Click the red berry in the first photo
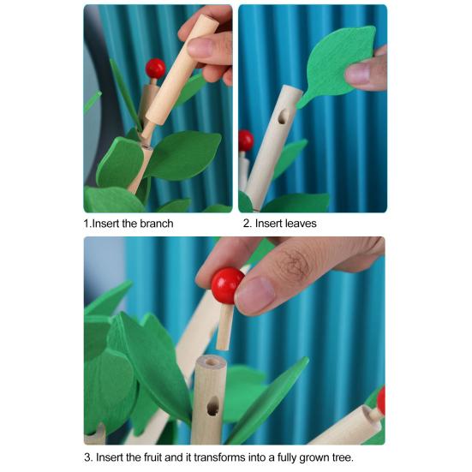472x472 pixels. click(155, 68)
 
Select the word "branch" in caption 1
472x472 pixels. click(153, 224)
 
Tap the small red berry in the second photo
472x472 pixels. click(245, 140)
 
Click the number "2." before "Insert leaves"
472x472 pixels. click(247, 224)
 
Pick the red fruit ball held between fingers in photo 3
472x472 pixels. click(228, 285)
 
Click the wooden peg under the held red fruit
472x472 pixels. click(224, 328)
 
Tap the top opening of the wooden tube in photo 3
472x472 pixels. click(208, 363)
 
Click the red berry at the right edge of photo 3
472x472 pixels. click(380, 400)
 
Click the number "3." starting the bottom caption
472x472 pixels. click(88, 457)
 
